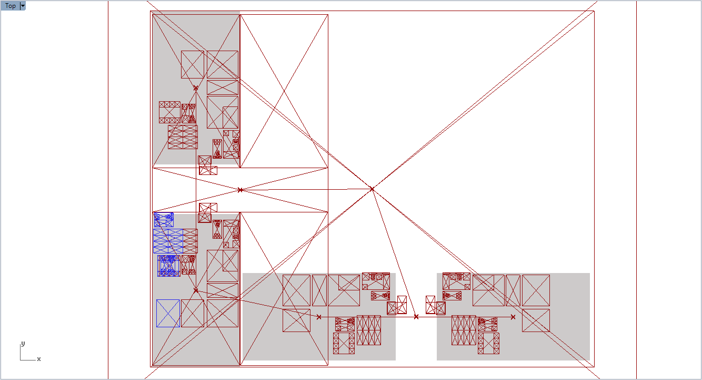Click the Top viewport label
tap(11, 6)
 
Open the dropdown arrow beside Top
tap(23, 6)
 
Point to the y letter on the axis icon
tap(23, 344)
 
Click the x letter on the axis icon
tap(39, 359)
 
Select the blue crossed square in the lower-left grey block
tap(168, 313)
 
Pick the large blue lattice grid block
tap(168, 241)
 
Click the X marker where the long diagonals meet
tap(372, 189)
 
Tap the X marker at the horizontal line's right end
tap(513, 317)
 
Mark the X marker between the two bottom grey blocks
tap(416, 317)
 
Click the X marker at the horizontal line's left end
tap(319, 317)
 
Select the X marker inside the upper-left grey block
tap(196, 88)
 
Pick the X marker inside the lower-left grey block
tap(196, 290)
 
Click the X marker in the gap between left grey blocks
tap(240, 190)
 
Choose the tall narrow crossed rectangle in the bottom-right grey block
tap(513, 290)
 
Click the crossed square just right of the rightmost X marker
tap(536, 320)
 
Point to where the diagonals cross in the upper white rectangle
tap(284, 91)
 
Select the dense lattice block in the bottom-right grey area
tap(464, 330)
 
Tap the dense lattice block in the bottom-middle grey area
tap(368, 330)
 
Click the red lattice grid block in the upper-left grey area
tap(183, 137)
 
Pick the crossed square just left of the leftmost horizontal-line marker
tap(296, 320)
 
